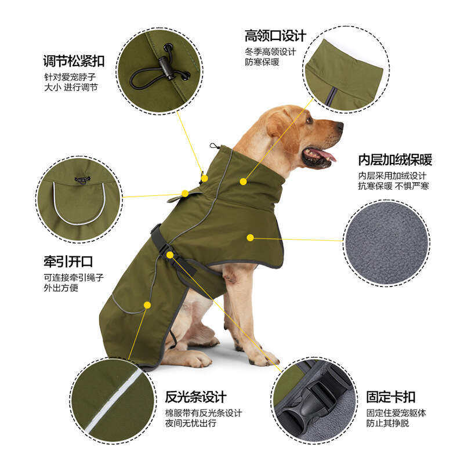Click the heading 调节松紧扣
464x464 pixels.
(x=74, y=61)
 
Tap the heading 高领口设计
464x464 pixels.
(x=275, y=36)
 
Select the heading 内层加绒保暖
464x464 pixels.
(x=394, y=160)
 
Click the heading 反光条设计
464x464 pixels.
(x=195, y=397)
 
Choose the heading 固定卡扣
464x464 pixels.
(x=390, y=397)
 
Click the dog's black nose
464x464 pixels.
(x=339, y=126)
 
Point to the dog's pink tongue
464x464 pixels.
(x=326, y=155)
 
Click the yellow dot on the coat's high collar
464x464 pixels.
(x=243, y=182)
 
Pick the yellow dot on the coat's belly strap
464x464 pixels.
(x=169, y=254)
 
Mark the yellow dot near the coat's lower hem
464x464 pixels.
(x=147, y=304)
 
